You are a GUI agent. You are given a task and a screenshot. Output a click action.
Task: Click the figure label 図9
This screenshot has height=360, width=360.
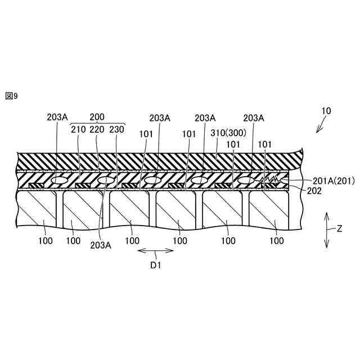pos(12,96)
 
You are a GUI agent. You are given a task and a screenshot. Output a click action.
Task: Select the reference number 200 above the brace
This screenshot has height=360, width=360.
pos(97,118)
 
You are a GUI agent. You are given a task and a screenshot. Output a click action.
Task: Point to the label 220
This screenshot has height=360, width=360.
pos(97,129)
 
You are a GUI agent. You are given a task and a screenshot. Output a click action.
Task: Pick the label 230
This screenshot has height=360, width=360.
pos(116,129)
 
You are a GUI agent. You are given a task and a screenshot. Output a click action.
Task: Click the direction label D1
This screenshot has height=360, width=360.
pos(155,265)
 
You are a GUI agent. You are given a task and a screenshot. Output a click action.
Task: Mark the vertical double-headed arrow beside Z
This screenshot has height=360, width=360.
pos(326,229)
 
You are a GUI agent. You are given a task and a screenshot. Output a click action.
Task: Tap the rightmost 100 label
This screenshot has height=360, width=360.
pos(276,240)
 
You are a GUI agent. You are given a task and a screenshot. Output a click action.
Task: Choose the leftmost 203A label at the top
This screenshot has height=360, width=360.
pos(57,118)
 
